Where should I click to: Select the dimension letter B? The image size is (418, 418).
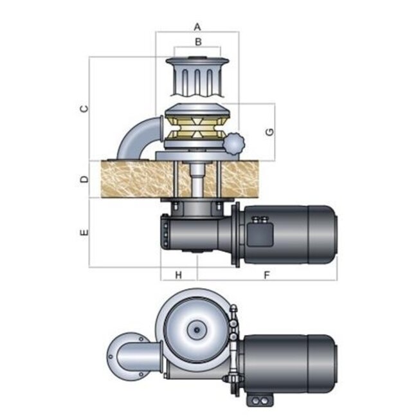point(198,42)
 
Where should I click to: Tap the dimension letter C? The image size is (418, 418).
point(84,109)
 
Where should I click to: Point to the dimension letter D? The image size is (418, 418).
point(84,179)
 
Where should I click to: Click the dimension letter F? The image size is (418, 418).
point(266,275)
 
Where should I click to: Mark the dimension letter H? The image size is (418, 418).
point(179,275)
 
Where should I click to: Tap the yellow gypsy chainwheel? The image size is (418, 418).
point(197,128)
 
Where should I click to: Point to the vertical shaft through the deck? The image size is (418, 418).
point(198,183)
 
